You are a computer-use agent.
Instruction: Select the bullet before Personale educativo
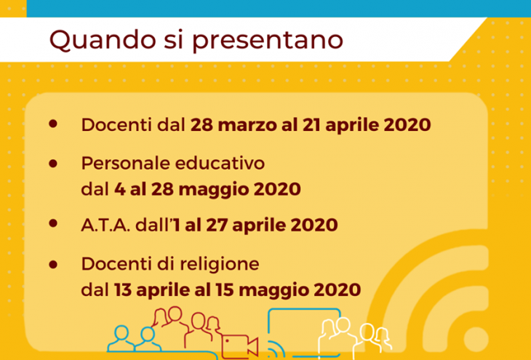tap(53, 164)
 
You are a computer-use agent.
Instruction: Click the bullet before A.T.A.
tap(53, 223)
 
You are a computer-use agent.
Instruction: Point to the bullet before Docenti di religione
tap(53, 265)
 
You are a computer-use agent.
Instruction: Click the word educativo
tap(220, 163)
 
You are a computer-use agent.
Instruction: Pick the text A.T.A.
tap(105, 225)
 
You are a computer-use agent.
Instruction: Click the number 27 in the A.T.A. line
tap(217, 225)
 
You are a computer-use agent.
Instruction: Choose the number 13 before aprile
tap(123, 290)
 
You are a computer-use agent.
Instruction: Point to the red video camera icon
tap(240, 346)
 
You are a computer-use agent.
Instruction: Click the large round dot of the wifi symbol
tap(476, 340)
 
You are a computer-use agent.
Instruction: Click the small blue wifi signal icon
tap(276, 349)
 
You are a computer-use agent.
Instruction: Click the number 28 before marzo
tap(201, 124)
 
